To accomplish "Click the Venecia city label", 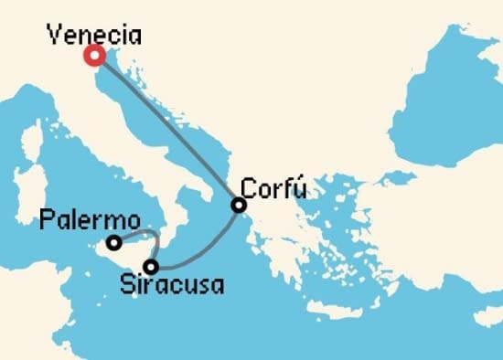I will point(95,36).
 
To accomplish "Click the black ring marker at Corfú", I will point(239,206).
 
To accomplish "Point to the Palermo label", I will point(90,221).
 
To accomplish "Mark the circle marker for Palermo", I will point(113,243).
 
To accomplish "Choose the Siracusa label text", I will point(172,285).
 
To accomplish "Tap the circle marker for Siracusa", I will point(151,267).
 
